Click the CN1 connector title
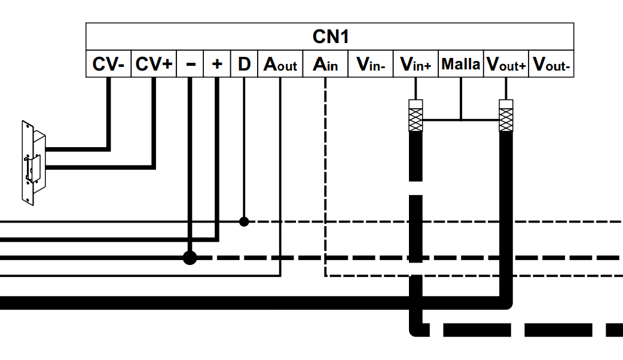click(330, 36)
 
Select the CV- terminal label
click(108, 64)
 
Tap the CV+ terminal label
click(153, 64)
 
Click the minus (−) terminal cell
click(191, 64)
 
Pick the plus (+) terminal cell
click(218, 64)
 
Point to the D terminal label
click(244, 64)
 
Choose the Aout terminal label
click(280, 64)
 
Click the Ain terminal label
click(325, 64)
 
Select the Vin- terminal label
click(371, 64)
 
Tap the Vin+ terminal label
click(416, 64)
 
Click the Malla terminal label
click(460, 64)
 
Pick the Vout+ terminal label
click(506, 64)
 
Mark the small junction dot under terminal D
click(244, 221)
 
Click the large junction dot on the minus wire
click(190, 258)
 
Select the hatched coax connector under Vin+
click(416, 115)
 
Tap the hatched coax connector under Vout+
click(506, 115)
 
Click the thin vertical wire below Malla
click(460, 99)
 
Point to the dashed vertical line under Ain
click(325, 179)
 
